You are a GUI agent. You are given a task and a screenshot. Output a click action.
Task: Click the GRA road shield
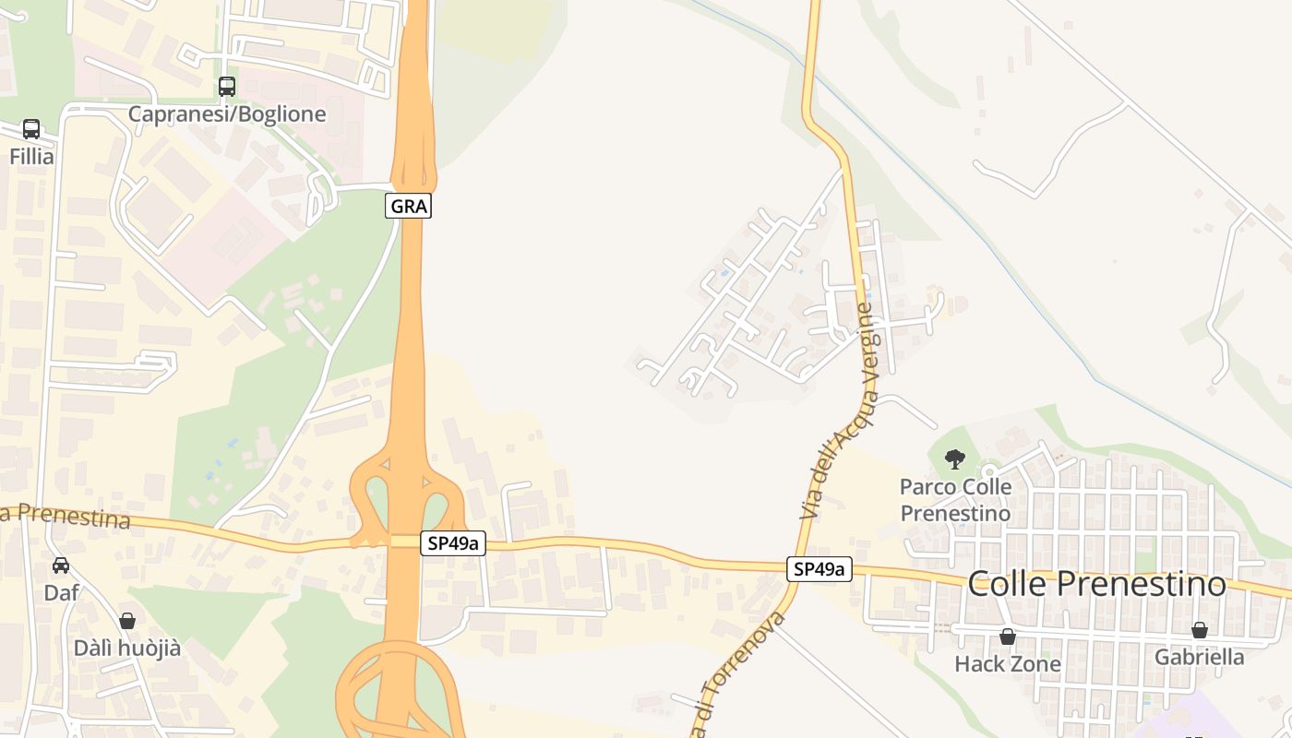coord(408,206)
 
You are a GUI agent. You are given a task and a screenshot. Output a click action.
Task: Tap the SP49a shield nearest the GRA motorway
coord(453,543)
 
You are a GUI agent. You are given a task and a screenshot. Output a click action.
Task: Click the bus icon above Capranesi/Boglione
coord(226,87)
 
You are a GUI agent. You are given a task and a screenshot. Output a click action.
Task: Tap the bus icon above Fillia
coord(31,129)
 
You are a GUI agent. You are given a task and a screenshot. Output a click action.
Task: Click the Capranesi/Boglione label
coord(227,114)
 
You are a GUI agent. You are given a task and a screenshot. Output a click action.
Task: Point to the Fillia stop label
coord(31,157)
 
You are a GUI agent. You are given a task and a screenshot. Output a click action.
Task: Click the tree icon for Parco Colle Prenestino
coord(955,458)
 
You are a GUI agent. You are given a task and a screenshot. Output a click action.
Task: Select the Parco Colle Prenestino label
coord(955,499)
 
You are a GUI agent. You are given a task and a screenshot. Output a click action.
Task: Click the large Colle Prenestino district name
coord(1096,584)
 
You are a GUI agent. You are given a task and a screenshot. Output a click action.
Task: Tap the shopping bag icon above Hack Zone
coord(1008,637)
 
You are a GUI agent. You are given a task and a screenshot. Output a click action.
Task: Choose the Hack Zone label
coord(1008,664)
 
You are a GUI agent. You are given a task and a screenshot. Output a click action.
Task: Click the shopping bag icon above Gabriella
coord(1199,630)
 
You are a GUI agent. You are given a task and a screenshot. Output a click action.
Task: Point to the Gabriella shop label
coord(1199,658)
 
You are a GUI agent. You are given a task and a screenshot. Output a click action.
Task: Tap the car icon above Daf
coord(61,565)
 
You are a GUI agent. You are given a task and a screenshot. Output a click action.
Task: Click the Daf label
coord(61,593)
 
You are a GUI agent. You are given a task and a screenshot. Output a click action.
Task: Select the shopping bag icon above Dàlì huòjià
coord(127,621)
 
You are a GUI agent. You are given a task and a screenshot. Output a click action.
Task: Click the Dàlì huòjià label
coord(127,649)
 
